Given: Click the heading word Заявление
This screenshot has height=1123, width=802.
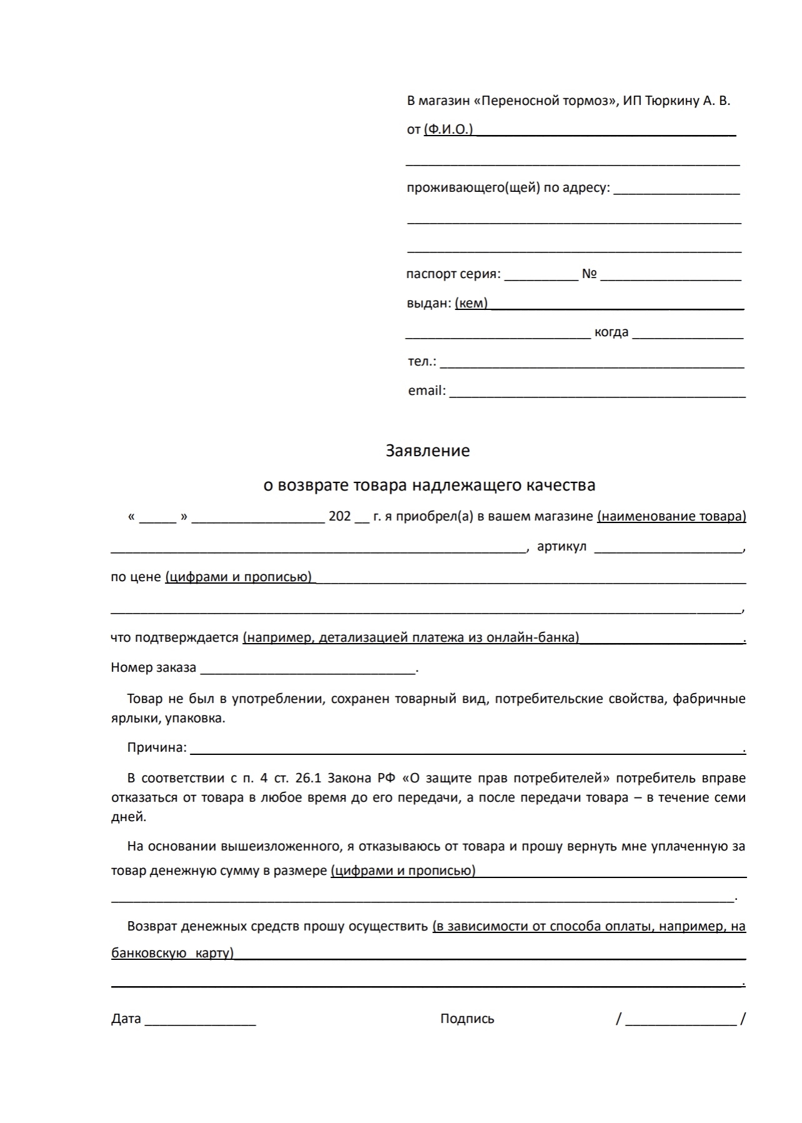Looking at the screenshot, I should click(x=427, y=451).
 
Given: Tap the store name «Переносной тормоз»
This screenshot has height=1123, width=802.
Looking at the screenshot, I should click(x=545, y=101).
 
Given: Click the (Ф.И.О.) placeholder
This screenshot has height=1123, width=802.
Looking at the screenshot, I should click(x=448, y=130).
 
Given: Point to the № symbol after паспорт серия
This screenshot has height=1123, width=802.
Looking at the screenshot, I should click(x=589, y=274).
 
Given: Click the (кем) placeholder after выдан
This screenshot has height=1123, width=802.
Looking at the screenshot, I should click(x=471, y=303).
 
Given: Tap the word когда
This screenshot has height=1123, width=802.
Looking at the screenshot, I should click(x=611, y=332).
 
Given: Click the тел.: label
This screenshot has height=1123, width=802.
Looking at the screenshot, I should click(x=422, y=361).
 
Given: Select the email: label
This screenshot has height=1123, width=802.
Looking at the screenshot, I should click(x=427, y=391).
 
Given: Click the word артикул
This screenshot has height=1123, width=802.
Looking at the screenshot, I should click(x=562, y=546).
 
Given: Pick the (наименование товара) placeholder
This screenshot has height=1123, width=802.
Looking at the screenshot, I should click(x=671, y=516).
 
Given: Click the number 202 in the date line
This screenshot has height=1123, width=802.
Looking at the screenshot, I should click(x=340, y=516).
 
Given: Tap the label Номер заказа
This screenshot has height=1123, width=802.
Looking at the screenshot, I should click(x=153, y=667).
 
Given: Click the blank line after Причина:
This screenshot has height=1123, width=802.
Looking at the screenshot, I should click(x=466, y=748).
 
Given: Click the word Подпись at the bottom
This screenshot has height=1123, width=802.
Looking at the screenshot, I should click(x=467, y=1019).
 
